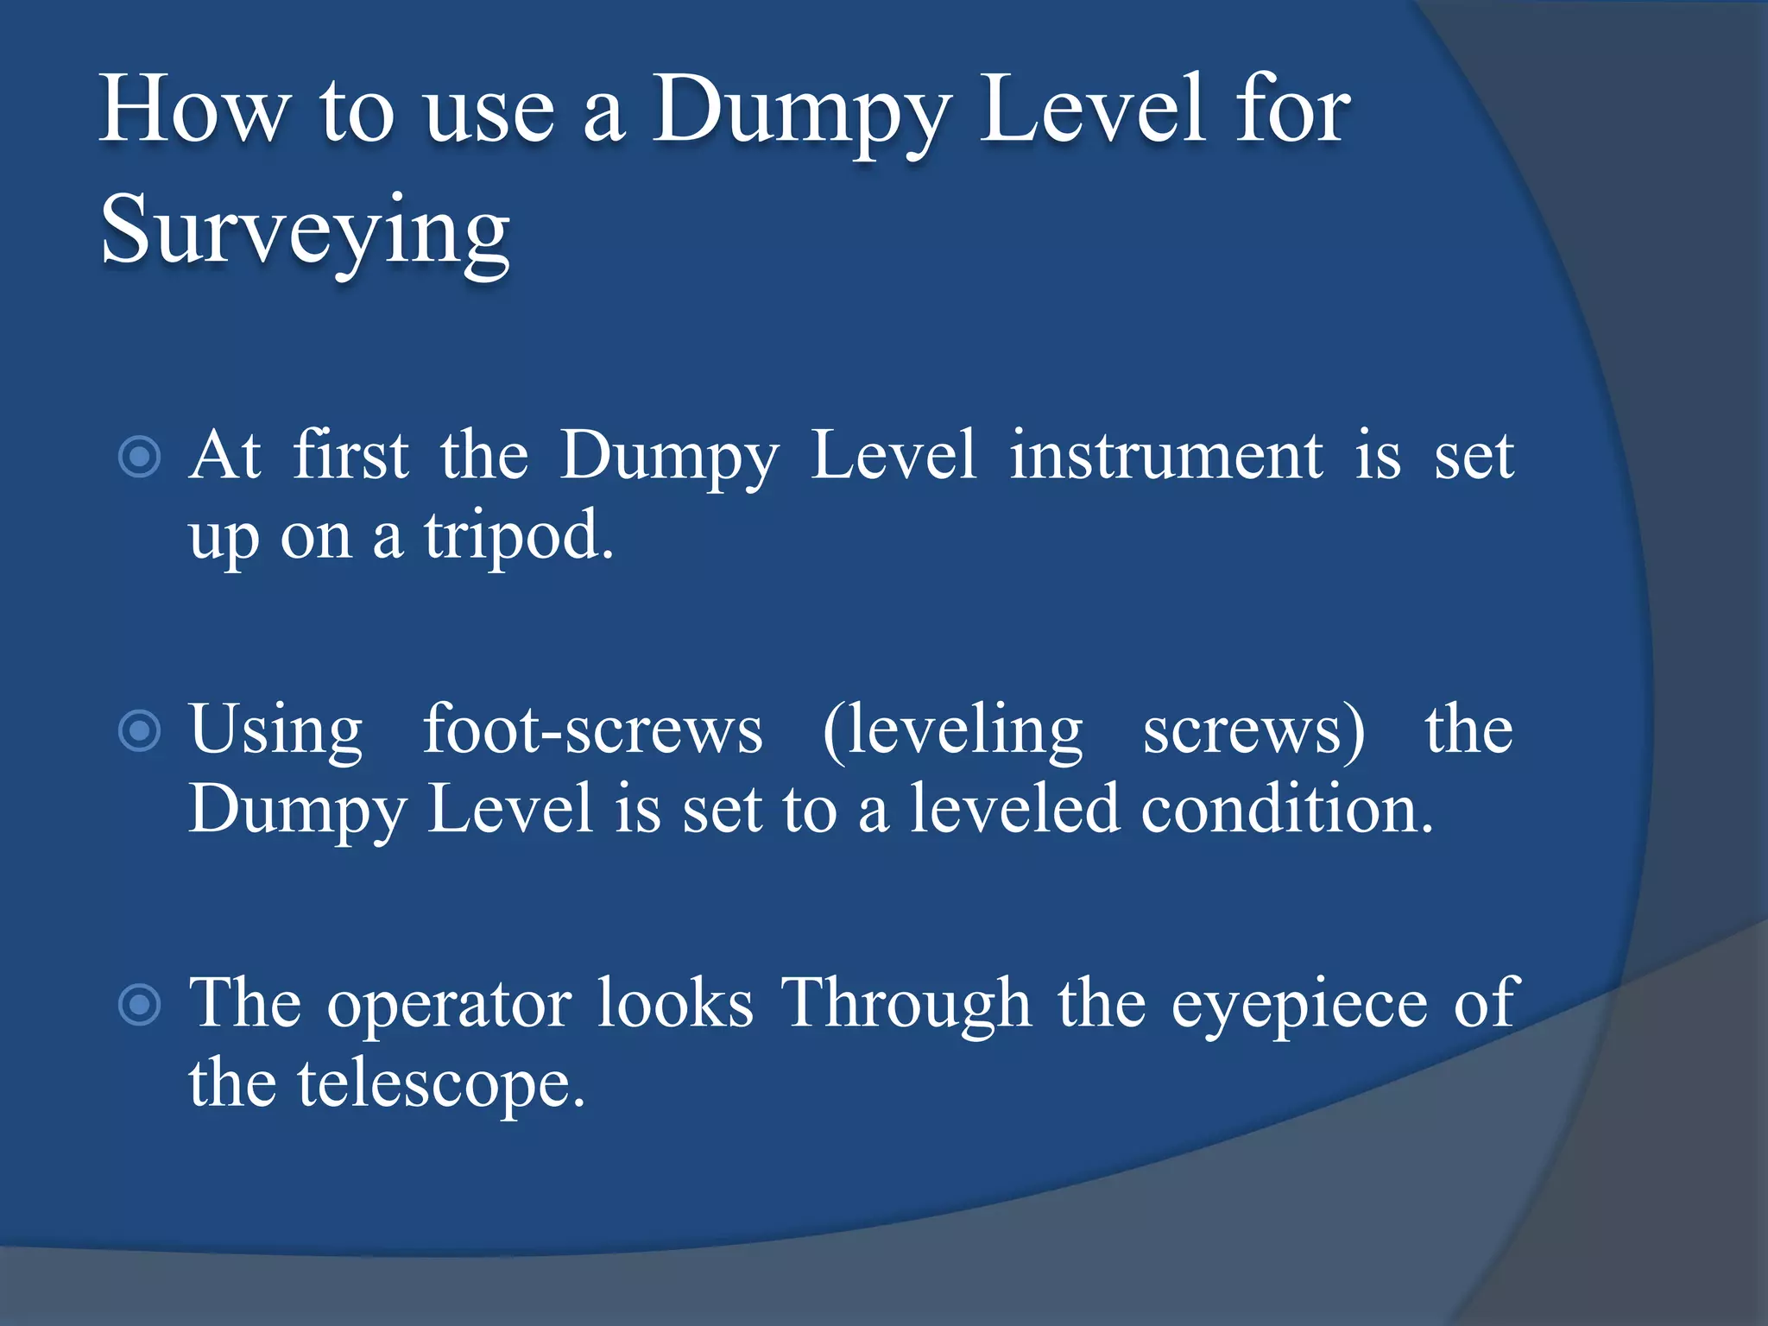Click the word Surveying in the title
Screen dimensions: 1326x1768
pyautogui.click(x=305, y=231)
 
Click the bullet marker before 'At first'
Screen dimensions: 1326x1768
pyautogui.click(x=140, y=457)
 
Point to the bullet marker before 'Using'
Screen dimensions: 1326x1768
pyautogui.click(x=140, y=731)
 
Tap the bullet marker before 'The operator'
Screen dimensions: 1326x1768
pyautogui.click(x=140, y=1005)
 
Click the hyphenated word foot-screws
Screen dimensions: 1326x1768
pyautogui.click(x=592, y=729)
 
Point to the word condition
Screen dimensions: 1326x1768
pyautogui.click(x=1286, y=809)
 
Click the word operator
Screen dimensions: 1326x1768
pyautogui.click(x=449, y=1005)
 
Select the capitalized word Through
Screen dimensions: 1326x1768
pyautogui.click(x=906, y=1005)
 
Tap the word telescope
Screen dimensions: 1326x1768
pyautogui.click(x=441, y=1084)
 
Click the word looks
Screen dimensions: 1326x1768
pyautogui.click(x=675, y=1003)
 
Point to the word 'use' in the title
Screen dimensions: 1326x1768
pyautogui.click(x=489, y=112)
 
